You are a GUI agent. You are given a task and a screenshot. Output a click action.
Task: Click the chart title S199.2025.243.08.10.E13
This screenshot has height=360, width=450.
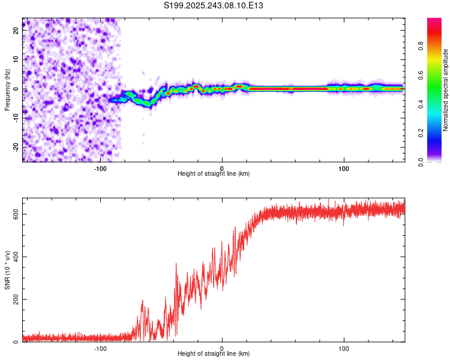click(214, 5)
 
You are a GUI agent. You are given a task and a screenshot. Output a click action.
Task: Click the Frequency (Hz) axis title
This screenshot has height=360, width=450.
click(7, 90)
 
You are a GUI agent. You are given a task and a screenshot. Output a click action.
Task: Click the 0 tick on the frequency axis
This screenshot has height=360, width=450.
click(17, 89)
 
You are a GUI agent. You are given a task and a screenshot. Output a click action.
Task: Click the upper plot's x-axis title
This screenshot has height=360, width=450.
click(214, 174)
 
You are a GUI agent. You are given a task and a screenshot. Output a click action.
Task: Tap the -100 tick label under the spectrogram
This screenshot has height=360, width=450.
click(100, 169)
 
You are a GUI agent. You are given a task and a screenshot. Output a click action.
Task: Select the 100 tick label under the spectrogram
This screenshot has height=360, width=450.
click(344, 169)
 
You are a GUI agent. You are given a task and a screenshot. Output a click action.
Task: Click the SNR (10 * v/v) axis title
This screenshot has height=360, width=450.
click(7, 270)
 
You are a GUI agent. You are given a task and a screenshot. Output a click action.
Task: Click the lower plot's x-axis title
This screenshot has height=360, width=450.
click(214, 355)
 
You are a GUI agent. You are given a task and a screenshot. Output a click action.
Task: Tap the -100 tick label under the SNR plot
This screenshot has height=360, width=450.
click(100, 349)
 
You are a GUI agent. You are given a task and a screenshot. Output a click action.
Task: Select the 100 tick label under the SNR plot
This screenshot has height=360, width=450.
click(344, 349)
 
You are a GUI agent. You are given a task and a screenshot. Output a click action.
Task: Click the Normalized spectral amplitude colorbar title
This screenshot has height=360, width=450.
click(446, 90)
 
